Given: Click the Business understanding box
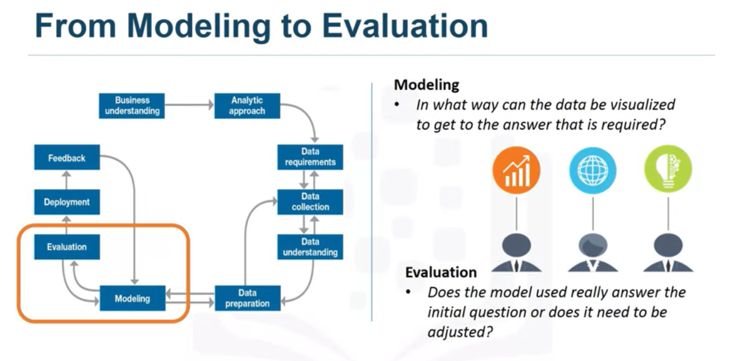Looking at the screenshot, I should [x=133, y=106].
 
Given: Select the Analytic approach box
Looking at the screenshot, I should [x=247, y=106].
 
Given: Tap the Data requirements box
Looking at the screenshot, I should [x=310, y=157].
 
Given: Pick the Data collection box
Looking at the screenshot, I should [x=310, y=202].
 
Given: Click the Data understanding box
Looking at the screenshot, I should [x=310, y=247].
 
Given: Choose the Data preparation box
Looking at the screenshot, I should [x=247, y=298].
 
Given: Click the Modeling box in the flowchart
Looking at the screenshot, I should [x=133, y=299].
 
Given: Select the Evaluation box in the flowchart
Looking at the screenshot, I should [x=67, y=247].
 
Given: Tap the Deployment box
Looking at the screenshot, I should [x=67, y=202].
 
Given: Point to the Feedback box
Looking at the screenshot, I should [x=67, y=158].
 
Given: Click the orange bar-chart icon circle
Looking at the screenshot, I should [x=516, y=170].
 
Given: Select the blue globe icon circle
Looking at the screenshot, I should [x=592, y=170].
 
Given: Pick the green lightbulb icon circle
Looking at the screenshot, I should [x=668, y=170].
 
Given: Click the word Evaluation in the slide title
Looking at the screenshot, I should [x=405, y=27].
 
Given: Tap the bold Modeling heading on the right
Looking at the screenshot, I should [x=427, y=85].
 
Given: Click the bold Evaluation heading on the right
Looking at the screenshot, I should [x=441, y=272].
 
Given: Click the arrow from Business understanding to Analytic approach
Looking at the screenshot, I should [x=190, y=106].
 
